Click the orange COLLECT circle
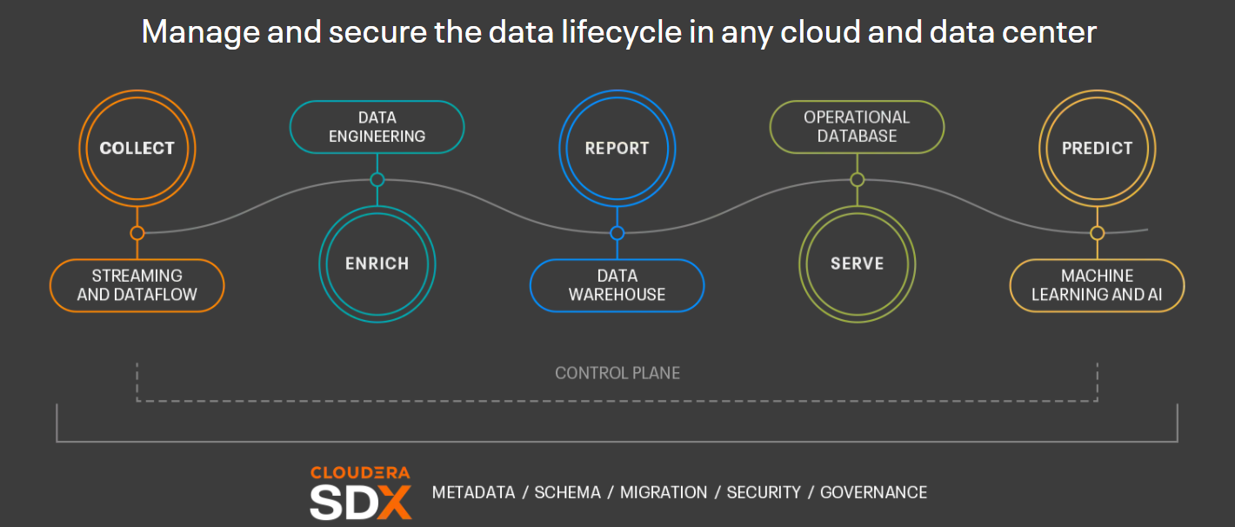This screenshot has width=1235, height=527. (x=137, y=149)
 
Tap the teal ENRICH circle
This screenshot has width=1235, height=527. (x=377, y=264)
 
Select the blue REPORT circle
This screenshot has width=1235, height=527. (x=617, y=149)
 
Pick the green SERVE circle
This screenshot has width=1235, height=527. (x=857, y=264)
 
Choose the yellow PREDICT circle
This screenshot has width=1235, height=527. (x=1097, y=149)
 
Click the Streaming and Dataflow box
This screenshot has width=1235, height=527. (x=137, y=285)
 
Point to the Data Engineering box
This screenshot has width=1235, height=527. (x=377, y=127)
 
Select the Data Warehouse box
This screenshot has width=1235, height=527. (x=617, y=285)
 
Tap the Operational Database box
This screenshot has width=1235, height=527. (x=857, y=127)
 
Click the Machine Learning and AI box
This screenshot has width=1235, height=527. (x=1097, y=285)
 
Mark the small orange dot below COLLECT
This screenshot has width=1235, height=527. (x=137, y=233)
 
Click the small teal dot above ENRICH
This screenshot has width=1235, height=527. (x=377, y=179)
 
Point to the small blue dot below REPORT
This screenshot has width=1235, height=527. (x=617, y=233)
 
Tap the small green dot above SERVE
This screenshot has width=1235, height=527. (x=857, y=179)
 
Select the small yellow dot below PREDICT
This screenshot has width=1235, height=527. (x=1097, y=233)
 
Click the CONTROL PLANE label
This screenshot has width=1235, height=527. (x=617, y=373)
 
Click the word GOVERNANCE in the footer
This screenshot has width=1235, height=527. (x=873, y=493)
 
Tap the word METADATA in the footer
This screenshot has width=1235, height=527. (x=473, y=493)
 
